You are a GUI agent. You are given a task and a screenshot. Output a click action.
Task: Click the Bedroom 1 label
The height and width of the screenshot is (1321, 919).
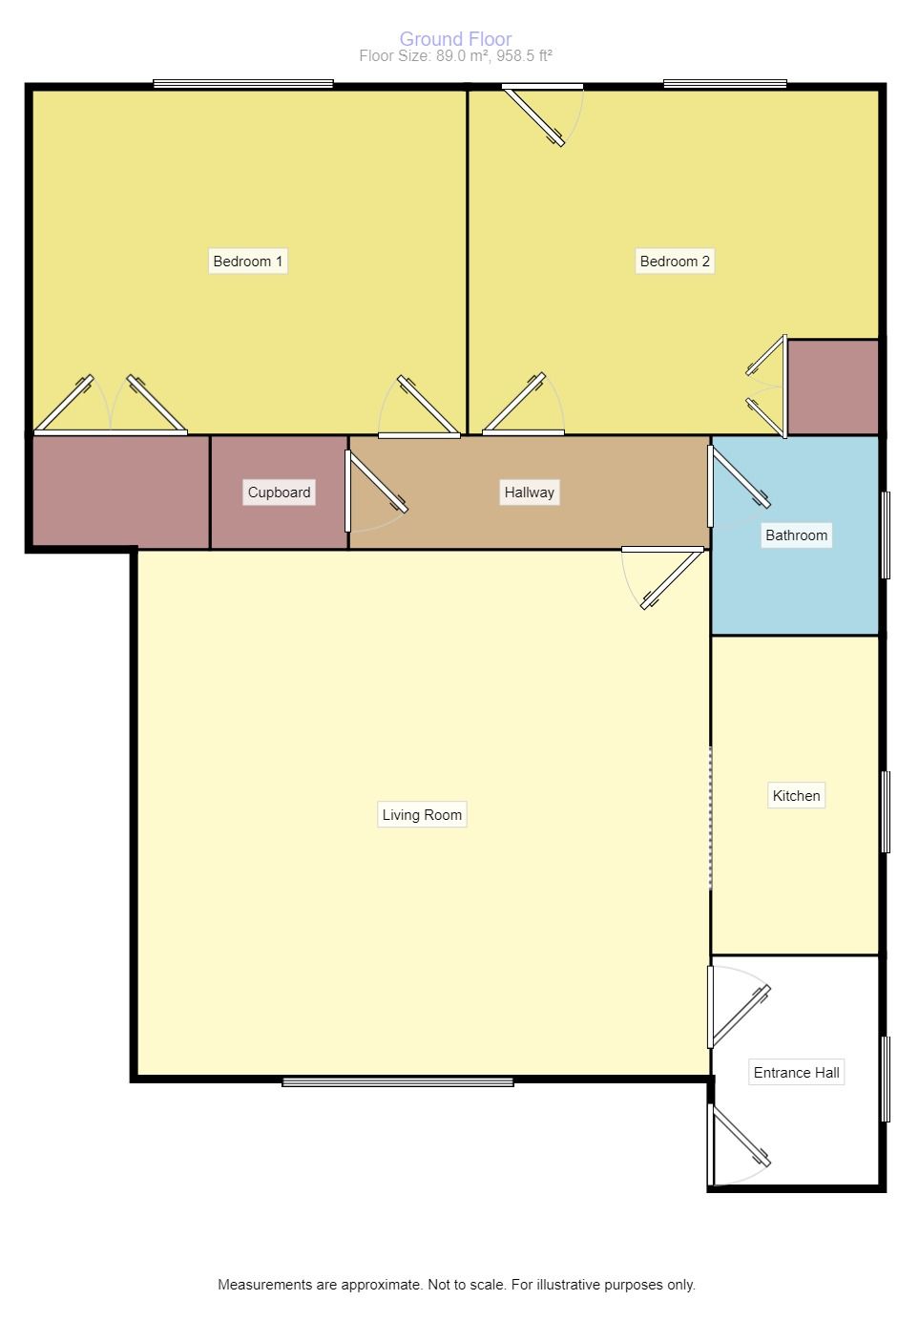247,262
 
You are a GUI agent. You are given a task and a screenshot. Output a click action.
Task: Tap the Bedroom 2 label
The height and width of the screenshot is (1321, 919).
675,262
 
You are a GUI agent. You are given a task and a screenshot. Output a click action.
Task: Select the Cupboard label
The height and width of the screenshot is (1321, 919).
279,493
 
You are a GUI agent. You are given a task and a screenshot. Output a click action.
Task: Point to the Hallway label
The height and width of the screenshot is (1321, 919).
530,493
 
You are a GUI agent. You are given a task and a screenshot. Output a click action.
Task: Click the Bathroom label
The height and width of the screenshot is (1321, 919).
797,535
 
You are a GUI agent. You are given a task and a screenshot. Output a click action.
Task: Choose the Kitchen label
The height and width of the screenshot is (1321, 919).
797,795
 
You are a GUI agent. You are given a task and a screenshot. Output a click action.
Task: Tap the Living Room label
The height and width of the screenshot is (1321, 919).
422,814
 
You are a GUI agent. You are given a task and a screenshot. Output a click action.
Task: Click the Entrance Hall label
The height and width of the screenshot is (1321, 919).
797,1072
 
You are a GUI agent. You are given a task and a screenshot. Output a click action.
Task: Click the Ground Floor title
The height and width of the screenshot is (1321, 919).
455,39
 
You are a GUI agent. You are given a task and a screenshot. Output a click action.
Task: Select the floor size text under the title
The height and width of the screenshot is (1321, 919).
455,56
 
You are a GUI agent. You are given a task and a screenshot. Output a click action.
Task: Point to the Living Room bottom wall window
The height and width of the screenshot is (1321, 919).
398,1081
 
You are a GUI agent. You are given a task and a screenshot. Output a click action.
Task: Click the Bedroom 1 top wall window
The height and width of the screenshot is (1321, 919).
243,84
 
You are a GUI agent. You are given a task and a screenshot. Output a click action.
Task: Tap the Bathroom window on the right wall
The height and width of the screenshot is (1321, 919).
886,535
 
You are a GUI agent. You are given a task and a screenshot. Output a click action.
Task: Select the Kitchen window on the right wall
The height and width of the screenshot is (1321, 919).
886,811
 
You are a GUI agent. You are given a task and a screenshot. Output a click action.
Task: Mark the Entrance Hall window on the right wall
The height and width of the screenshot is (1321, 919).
886,1079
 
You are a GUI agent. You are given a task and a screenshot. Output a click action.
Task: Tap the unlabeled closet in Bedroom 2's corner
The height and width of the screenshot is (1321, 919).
833,388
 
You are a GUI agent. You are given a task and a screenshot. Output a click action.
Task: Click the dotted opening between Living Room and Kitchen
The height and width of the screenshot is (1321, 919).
710,818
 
